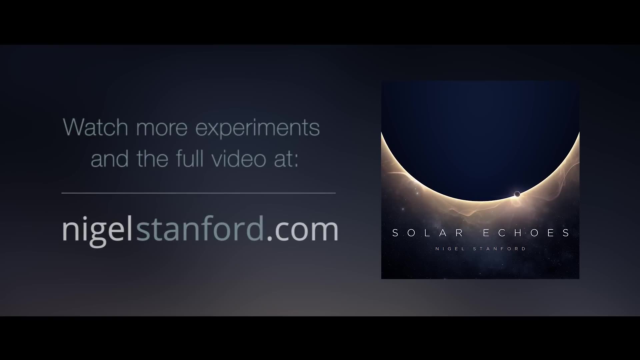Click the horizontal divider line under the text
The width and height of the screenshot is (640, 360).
click(x=198, y=193)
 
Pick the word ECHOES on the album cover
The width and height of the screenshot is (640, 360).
click(x=526, y=233)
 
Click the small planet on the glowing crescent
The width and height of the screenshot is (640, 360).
click(x=517, y=194)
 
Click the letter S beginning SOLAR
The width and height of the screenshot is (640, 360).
click(x=395, y=233)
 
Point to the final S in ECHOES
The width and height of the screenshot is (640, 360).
click(x=566, y=233)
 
